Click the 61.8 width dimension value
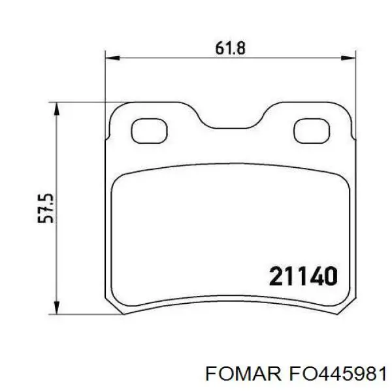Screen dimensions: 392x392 coord(230,48)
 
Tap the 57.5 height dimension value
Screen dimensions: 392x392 coord(46,208)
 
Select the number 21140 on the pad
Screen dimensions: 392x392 coord(303,276)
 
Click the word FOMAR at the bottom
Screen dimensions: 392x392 coord(243,374)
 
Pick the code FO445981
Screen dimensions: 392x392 coord(338,374)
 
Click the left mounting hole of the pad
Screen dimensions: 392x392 coord(149,131)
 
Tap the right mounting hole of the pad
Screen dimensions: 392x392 coord(312,131)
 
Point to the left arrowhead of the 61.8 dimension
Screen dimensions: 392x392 coord(113,58)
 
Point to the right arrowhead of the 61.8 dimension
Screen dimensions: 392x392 coord(348,58)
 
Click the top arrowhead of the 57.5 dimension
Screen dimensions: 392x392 coord(57,108)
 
